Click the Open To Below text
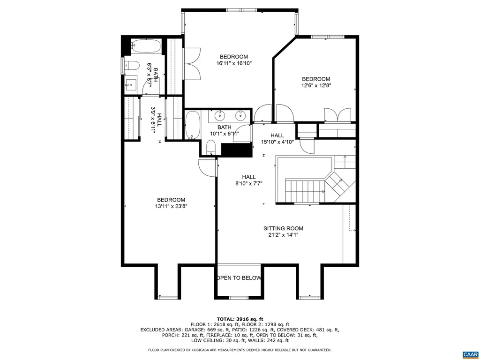pos(239,278)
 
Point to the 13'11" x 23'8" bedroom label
pos(171,202)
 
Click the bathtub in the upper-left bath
pos(146,47)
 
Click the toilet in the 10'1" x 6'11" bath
pos(211,150)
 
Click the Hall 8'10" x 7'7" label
pos(248,180)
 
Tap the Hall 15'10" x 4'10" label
pos(277,139)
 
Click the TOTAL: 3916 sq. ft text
pos(240,318)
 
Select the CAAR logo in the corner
pos(469,354)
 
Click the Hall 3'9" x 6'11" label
pos(156,121)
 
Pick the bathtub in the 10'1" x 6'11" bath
pos(192,125)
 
